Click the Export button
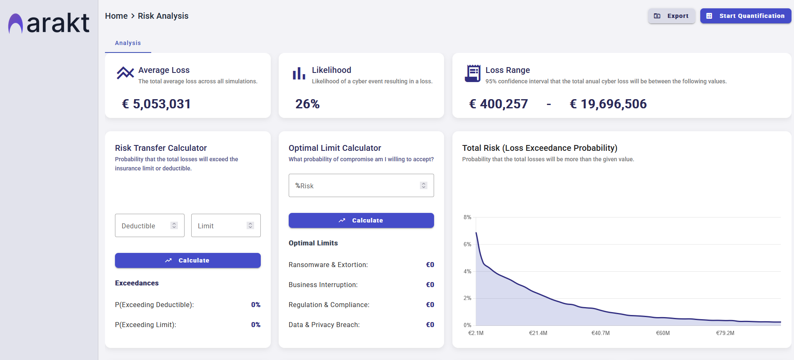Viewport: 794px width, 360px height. tap(671, 16)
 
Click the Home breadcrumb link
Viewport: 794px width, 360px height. tap(116, 16)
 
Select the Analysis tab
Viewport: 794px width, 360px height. tap(128, 43)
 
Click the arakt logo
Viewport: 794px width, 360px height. tap(49, 23)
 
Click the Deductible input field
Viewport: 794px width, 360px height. tap(144, 225)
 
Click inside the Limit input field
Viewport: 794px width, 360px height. tap(220, 225)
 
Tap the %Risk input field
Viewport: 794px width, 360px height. tap(354, 185)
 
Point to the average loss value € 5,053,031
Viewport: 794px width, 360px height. tap(156, 104)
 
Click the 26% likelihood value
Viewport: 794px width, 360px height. tap(307, 104)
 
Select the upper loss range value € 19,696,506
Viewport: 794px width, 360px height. tap(608, 104)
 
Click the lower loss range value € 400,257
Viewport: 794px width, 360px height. tap(498, 104)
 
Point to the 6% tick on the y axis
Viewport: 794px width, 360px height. tap(467, 244)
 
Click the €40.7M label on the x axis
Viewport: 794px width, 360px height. tap(600, 333)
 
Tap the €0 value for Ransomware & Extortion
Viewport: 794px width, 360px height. tap(430, 265)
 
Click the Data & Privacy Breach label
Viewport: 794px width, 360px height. tap(324, 325)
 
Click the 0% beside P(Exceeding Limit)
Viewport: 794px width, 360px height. tap(255, 325)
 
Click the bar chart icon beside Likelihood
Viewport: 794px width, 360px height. tap(299, 73)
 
